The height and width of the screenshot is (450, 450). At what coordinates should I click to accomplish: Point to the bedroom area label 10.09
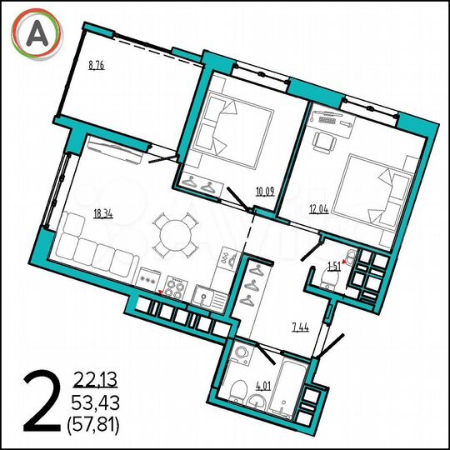[x=266, y=192]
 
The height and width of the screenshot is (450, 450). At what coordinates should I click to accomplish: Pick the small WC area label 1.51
[x=333, y=267]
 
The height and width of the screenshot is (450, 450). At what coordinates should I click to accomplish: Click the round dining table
[x=176, y=236]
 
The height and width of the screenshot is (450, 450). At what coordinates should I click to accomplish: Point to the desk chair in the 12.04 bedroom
[x=322, y=142]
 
